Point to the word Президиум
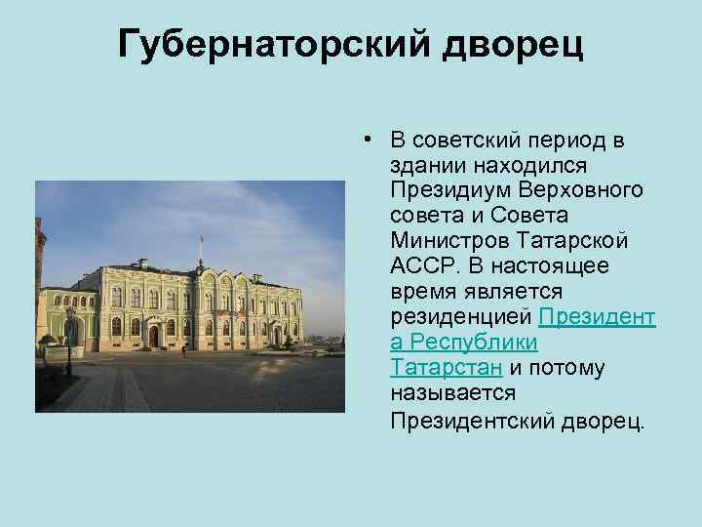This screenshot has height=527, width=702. pyautogui.click(x=439, y=189)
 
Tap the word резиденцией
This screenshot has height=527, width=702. pyautogui.click(x=460, y=317)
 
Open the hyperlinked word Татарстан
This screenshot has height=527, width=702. pyautogui.click(x=446, y=368)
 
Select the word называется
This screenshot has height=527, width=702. pyautogui.click(x=451, y=393)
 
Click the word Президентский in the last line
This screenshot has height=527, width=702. pyautogui.click(x=472, y=420)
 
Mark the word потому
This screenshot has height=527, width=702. pyautogui.click(x=569, y=368)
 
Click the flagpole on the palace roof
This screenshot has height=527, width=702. pyautogui.click(x=201, y=248)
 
